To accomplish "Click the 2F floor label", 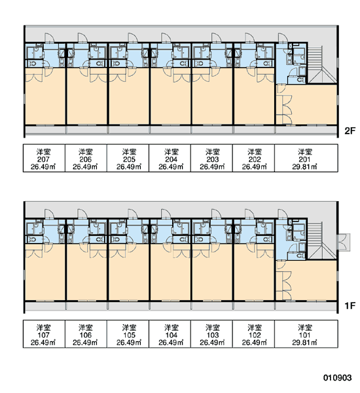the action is (x=350, y=130).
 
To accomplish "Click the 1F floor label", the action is (x=350, y=305).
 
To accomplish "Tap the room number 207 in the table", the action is (x=43, y=159).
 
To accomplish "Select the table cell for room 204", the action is (x=170, y=158).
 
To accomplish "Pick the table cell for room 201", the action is (x=306, y=158).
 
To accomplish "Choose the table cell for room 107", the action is (x=44, y=334).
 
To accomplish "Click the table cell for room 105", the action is (x=128, y=334).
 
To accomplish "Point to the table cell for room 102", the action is (x=253, y=334).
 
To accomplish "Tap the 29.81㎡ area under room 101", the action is (x=304, y=343).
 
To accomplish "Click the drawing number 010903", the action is (x=338, y=377).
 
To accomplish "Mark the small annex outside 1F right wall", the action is (x=344, y=242).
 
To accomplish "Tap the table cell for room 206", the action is (x=86, y=158).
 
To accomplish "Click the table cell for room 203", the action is (x=211, y=158).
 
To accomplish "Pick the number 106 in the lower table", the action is (x=86, y=335).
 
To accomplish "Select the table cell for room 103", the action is (x=211, y=334).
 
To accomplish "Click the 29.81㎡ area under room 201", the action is (x=304, y=166).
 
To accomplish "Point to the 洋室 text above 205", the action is (x=129, y=152).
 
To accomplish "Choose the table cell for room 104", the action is (x=170, y=334).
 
